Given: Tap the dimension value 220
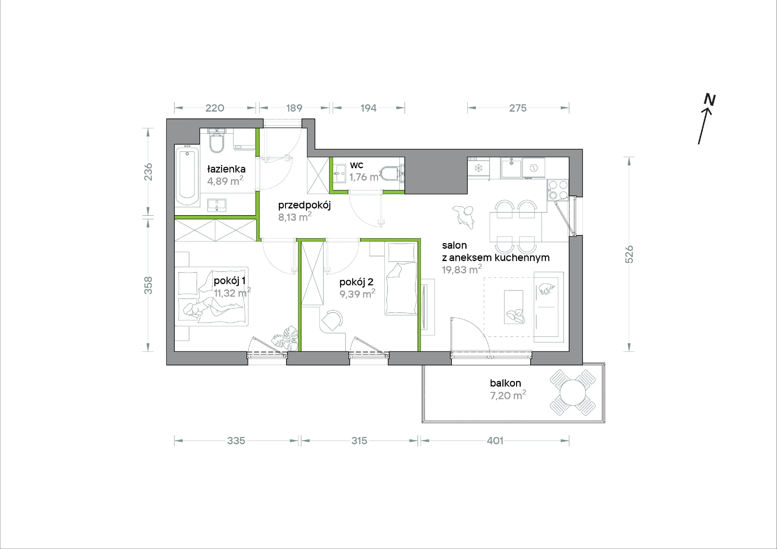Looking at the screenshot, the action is point(215,108).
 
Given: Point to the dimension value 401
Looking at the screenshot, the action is point(495,441).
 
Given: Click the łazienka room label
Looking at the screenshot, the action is point(226,169).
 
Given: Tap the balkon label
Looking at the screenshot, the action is point(506,383).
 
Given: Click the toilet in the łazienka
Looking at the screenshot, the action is point(217,141).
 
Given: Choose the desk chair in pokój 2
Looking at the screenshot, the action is point(332,320).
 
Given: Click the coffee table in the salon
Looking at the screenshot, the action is point(514,307).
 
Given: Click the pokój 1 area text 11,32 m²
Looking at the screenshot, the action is point(232,293).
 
